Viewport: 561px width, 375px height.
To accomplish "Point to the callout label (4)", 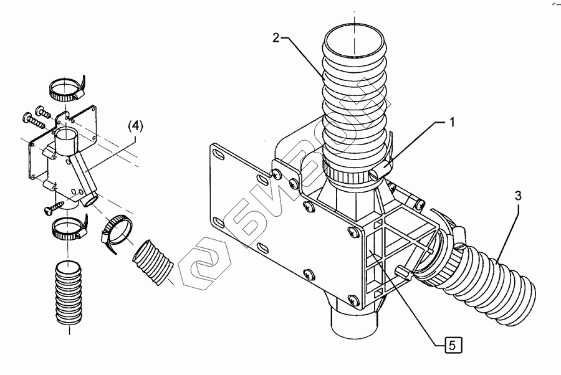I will pyautogui.click(x=135, y=126).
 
